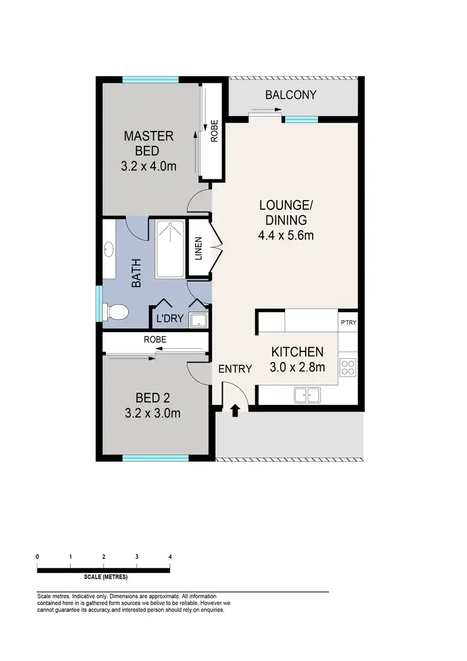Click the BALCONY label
pos(291,95)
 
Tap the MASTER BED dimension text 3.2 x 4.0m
pos(148,166)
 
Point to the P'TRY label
pos(348,323)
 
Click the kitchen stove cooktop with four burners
pos(347,368)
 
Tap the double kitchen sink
pos(307,394)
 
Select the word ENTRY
pos(235,369)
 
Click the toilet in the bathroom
pos(115,310)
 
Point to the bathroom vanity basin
pos(108,251)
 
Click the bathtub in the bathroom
pos(170,249)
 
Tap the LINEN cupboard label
pos(199,248)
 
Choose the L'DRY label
pos(169,319)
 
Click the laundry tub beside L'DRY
pos(199,320)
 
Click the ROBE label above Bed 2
pos(154,341)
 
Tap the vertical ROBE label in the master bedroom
pos(214,131)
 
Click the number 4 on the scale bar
pos(169,556)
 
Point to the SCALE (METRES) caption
pos(104,577)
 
